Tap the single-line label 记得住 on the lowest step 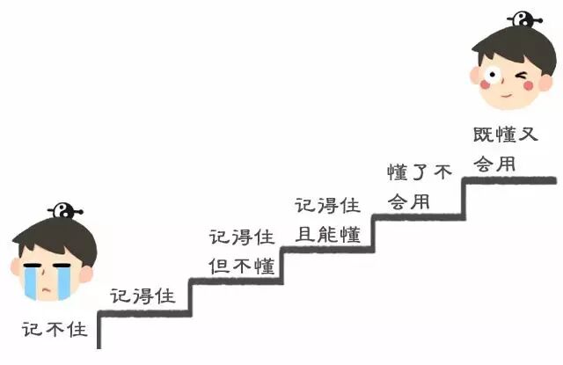143,296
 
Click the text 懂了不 420,172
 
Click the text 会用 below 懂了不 409,201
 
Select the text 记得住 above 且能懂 326,205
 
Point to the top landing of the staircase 510,180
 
